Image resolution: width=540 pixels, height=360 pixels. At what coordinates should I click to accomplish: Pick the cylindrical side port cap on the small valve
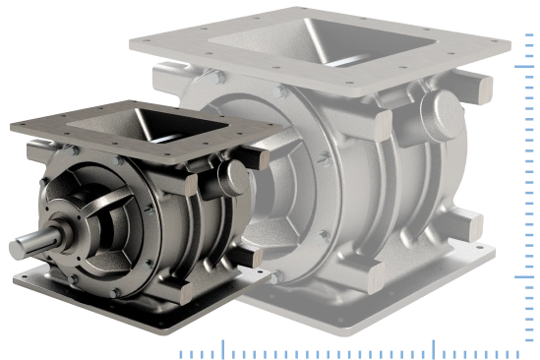pyautogui.click(x=234, y=177)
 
